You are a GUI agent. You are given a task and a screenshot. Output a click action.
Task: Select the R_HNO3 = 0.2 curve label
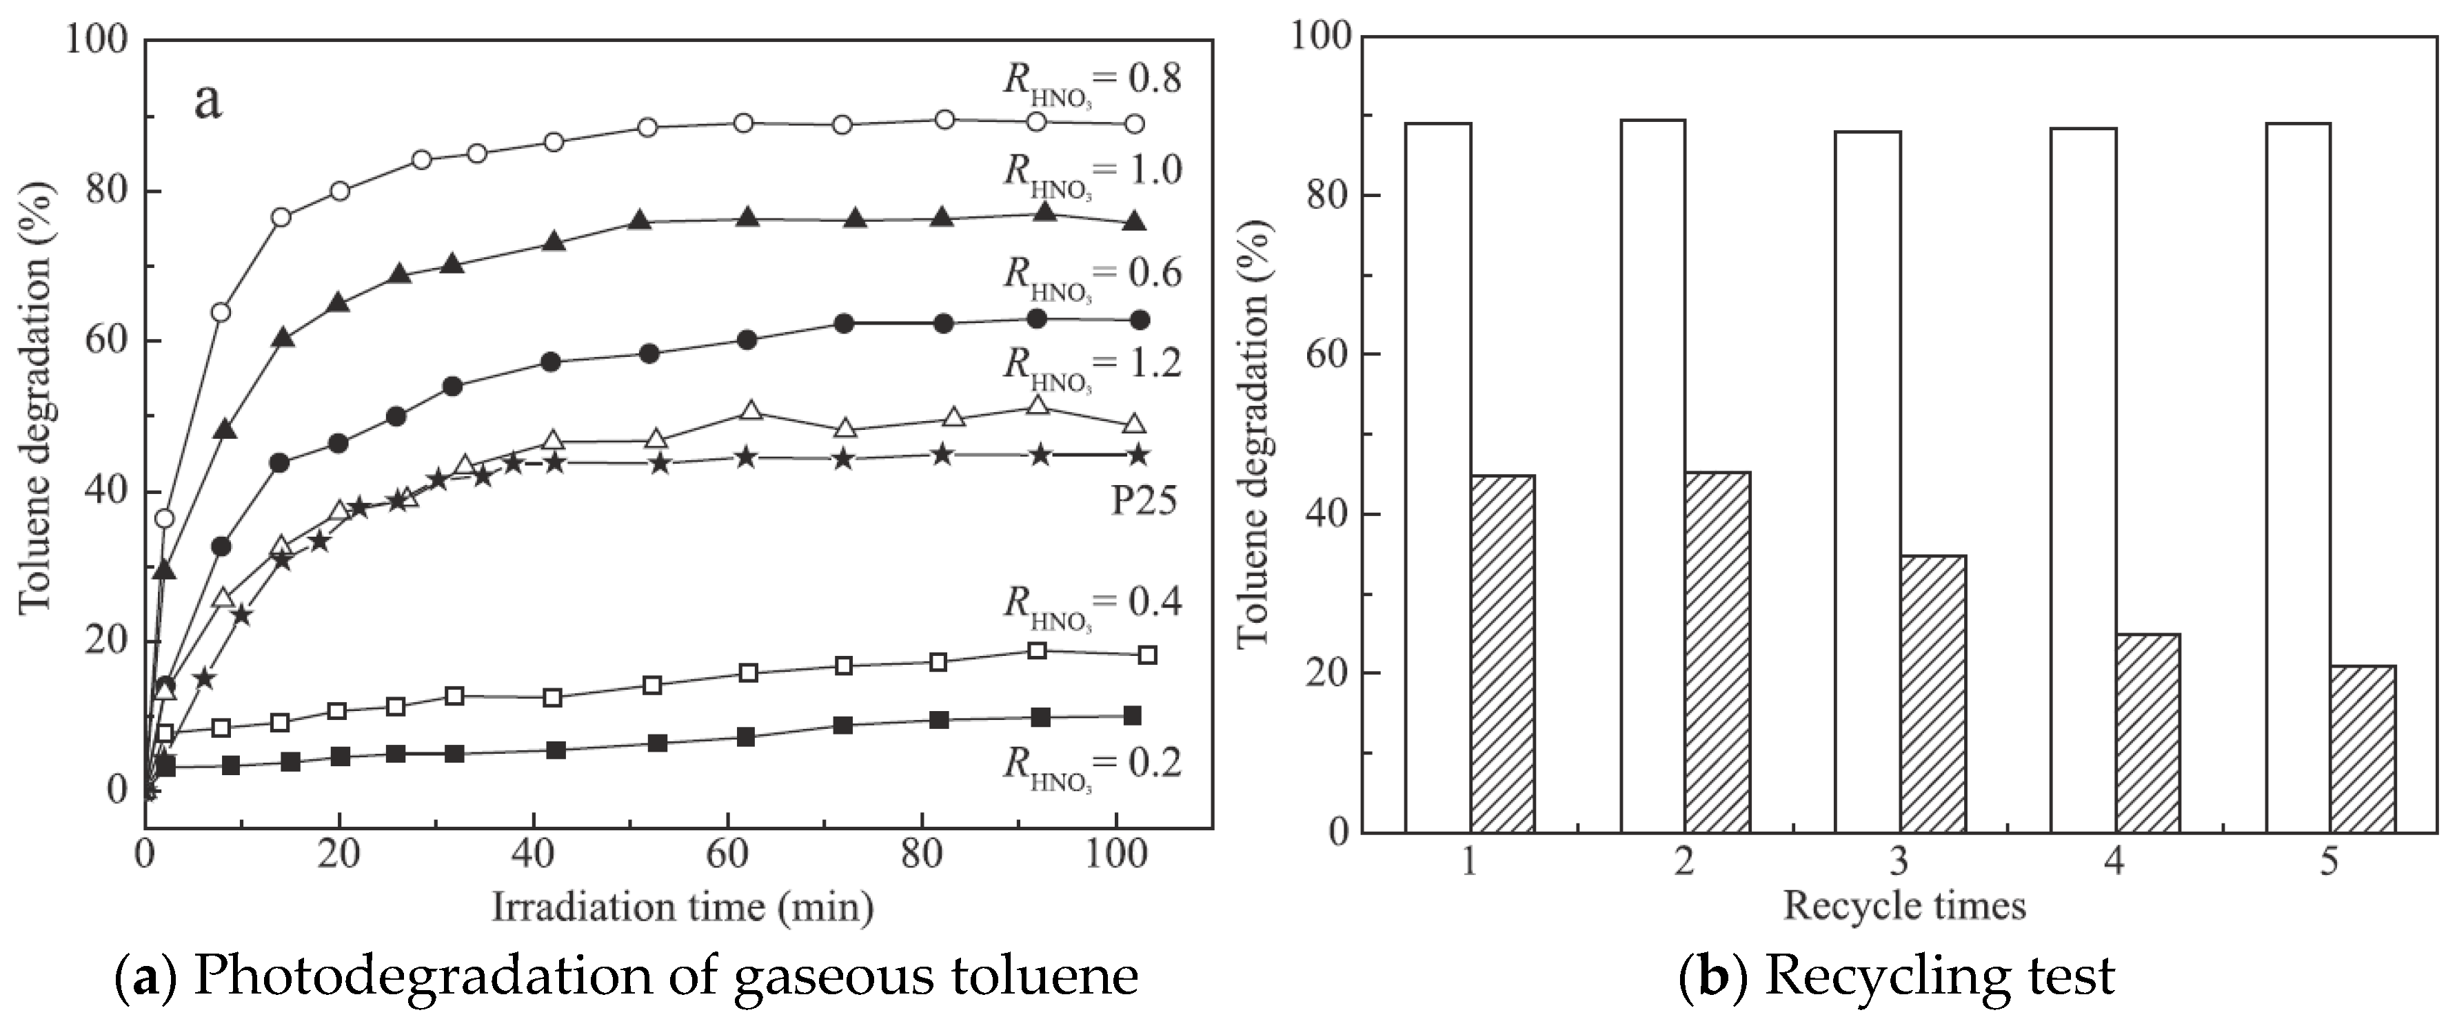1091,765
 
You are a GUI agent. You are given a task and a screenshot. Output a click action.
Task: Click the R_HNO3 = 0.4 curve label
1091,604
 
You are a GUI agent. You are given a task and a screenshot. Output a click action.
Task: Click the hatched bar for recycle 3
1932,693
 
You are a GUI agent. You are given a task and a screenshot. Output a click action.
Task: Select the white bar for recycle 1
1437,477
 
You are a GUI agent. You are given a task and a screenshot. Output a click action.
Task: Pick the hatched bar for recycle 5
2363,748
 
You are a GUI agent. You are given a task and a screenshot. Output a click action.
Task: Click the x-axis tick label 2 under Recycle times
1684,862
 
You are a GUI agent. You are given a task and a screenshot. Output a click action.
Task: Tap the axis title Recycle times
1904,905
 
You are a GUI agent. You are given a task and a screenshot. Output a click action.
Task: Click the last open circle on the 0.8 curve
1135,124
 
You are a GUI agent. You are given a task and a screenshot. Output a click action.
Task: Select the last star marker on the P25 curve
1138,455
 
